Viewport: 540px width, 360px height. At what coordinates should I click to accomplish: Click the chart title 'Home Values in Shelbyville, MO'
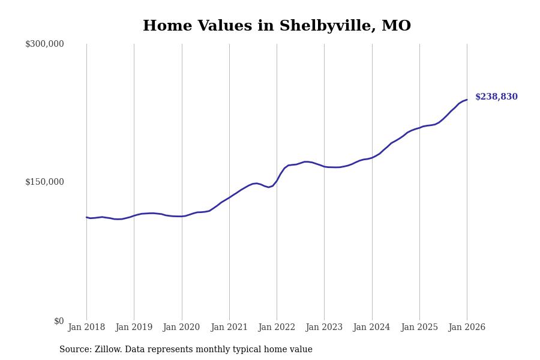[277, 26]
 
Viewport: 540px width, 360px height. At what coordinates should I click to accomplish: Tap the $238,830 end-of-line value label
[496, 97]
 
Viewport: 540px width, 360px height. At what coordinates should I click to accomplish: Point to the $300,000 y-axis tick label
[44, 44]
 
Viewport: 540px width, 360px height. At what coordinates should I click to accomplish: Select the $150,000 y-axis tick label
[44, 182]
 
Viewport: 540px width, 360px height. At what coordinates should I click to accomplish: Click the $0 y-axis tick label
[59, 321]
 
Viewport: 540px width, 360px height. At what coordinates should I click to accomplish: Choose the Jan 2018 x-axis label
[86, 328]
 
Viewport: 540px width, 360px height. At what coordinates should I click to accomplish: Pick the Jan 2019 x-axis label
[134, 328]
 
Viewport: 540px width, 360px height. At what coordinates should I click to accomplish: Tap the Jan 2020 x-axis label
[182, 328]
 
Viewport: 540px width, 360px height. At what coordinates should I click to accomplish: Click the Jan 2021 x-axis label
[229, 328]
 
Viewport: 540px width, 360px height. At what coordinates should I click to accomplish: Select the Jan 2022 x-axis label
[277, 328]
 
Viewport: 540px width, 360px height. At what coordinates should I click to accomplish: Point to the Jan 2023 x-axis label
[324, 328]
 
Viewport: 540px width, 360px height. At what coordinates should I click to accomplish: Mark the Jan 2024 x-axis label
[372, 328]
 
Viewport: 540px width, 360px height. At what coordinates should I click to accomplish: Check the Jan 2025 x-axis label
[419, 328]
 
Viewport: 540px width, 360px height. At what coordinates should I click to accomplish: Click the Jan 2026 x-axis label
[467, 328]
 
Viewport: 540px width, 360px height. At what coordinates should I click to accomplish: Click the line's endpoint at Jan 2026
[467, 100]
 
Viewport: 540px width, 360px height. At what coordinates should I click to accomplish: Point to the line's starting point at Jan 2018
[86, 217]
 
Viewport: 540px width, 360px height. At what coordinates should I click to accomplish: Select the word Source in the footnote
[75, 350]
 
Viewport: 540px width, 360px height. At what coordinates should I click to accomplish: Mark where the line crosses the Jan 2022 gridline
[277, 180]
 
